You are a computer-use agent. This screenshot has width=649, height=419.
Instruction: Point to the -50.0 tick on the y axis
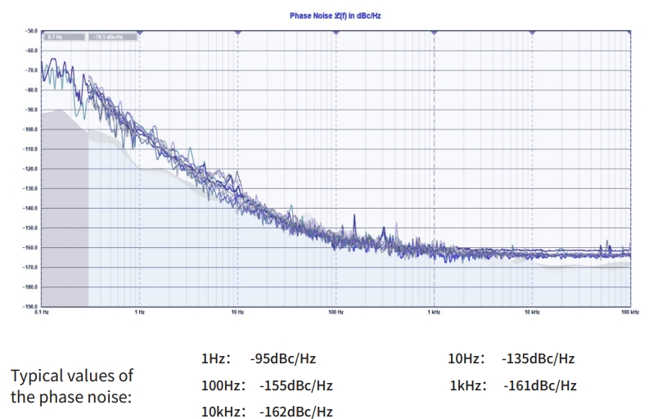pos(32,31)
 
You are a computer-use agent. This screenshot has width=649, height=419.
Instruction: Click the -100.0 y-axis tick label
pos(32,129)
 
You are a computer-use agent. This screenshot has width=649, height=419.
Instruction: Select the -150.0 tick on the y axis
pos(32,228)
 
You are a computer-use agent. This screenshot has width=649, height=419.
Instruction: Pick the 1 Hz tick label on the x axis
pos(140,313)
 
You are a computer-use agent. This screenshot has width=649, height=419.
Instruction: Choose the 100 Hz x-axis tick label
pos(335,313)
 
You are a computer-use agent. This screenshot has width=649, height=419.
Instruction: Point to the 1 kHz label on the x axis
pos(434,313)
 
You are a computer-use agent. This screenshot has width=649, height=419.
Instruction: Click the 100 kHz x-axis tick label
pos(629,313)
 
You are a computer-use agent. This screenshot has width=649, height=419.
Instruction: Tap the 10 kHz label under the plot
pos(531,313)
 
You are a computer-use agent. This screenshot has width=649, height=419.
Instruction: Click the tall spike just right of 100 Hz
pos(354,222)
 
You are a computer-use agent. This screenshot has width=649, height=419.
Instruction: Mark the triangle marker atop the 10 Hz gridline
pos(237,32)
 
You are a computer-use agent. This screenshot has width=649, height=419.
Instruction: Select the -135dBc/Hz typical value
pos(538,358)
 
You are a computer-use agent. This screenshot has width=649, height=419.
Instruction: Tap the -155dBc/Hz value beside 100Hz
pos(295,385)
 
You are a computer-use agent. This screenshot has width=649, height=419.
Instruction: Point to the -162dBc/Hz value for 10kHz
pos(295,412)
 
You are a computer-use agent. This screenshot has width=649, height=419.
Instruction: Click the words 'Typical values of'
pos(71,376)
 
